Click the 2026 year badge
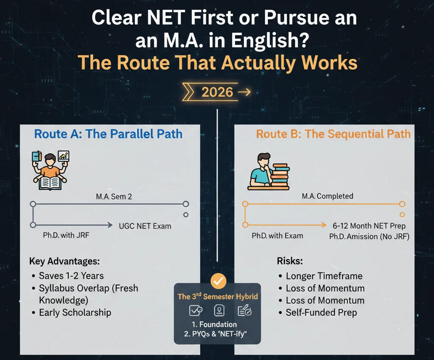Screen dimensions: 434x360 coord(217,92)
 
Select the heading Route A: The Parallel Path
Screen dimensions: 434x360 coord(108,134)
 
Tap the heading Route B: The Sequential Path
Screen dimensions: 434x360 coord(333,134)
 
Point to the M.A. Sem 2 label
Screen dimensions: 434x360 coord(114,197)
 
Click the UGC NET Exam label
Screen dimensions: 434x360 coord(145,226)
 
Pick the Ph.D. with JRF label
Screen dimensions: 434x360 coord(66,235)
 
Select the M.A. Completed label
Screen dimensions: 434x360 coord(328,196)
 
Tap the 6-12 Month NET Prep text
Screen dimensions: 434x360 coord(369,226)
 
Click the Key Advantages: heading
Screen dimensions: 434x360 coord(64,261)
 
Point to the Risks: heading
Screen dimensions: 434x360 coord(290,261)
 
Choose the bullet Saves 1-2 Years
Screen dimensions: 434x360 coord(71,276)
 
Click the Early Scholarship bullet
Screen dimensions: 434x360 coord(75,313)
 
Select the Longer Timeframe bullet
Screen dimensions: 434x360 coord(324,276)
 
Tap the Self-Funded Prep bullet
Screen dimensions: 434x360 coord(321,313)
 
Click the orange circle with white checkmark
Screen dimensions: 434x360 coord(218,281)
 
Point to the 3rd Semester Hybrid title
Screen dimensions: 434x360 coord(217,296)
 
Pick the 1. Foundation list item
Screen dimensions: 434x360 coord(214,324)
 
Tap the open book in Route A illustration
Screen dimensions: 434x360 coord(50,183)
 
